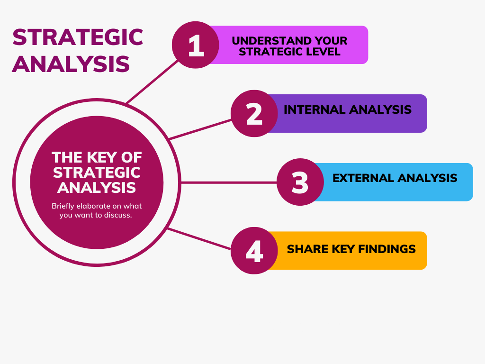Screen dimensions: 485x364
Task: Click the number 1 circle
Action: pyautogui.click(x=196, y=45)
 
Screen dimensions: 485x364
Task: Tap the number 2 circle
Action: pyautogui.click(x=254, y=114)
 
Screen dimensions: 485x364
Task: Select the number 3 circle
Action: pyautogui.click(x=300, y=182)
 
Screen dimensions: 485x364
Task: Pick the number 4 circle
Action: pyautogui.click(x=254, y=250)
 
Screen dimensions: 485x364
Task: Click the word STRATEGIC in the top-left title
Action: pyautogui.click(x=78, y=37)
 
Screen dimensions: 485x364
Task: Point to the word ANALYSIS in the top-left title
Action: pyautogui.click(x=71, y=64)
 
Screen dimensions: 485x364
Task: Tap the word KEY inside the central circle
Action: pyautogui.click(x=102, y=157)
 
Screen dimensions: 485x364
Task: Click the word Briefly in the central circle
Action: pyautogui.click(x=63, y=206)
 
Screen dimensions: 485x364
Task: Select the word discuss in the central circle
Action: pyautogui.click(x=118, y=215)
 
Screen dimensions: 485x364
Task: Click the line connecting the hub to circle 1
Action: pyautogui.click(x=152, y=82)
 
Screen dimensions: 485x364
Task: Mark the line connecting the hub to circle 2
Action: pyautogui.click(x=200, y=129)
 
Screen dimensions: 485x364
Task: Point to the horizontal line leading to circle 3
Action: pyautogui.click(x=229, y=182)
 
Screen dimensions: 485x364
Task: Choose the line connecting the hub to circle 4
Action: pyautogui.click(x=199, y=239)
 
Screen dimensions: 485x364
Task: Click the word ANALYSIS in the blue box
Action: pyautogui.click(x=428, y=178)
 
